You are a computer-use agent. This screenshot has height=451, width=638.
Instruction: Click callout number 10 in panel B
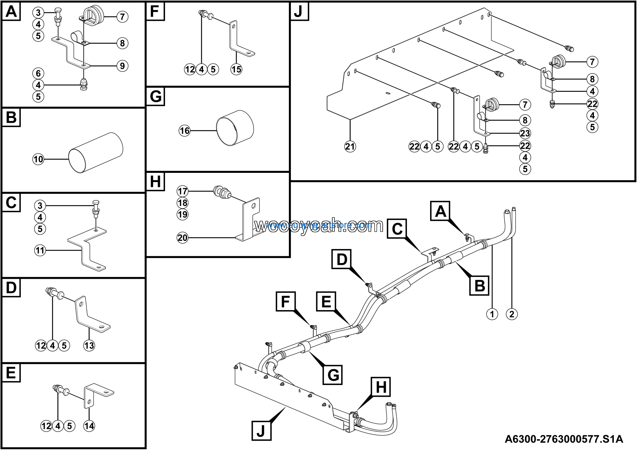point(38,159)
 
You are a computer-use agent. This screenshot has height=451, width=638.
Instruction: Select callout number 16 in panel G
point(184,131)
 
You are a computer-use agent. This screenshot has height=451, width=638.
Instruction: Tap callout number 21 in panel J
point(350,146)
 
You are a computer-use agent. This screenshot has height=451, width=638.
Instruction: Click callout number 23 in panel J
point(525,133)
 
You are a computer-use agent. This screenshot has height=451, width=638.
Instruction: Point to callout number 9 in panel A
point(122,66)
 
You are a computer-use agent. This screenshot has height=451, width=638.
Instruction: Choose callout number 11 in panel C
point(40,250)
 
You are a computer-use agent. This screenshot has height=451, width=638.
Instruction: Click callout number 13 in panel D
point(89,346)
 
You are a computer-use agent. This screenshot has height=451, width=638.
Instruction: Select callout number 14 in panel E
point(89,426)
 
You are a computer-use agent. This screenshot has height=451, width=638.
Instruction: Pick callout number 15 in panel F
point(236,69)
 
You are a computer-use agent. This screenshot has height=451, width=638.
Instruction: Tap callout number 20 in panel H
point(183,238)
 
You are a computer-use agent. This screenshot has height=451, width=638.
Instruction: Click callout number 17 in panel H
point(183,191)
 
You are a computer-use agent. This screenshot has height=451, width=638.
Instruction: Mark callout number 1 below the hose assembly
point(492,314)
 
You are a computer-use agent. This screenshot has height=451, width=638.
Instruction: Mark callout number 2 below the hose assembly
point(512,314)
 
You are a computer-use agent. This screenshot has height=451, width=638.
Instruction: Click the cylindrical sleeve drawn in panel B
point(96,153)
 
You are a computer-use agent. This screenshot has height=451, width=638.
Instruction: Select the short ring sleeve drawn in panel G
point(235,128)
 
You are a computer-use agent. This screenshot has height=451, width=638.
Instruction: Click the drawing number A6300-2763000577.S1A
point(564,439)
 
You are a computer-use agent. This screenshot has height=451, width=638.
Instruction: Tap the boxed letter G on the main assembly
point(333,375)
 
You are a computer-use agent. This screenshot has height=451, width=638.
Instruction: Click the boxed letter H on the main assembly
point(381,387)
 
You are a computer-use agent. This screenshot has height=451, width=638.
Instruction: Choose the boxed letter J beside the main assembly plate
point(261,431)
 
